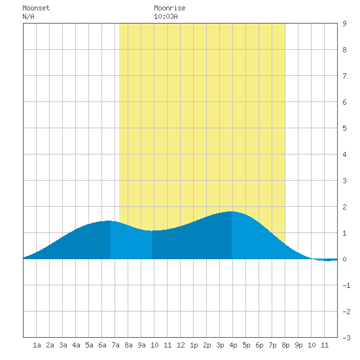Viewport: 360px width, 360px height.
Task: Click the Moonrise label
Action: pyautogui.click(x=170, y=8)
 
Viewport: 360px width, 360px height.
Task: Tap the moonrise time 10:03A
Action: pyautogui.click(x=166, y=16)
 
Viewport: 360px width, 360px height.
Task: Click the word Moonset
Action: pyautogui.click(x=36, y=8)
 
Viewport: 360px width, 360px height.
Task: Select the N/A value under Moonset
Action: pyautogui.click(x=28, y=16)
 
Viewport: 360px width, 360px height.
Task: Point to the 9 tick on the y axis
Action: pyautogui.click(x=344, y=24)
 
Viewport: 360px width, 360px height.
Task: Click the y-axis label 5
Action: pyautogui.click(x=344, y=128)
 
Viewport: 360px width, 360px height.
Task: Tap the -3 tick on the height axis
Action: pyautogui.click(x=346, y=338)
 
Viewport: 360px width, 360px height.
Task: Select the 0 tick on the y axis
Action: pyautogui.click(x=344, y=259)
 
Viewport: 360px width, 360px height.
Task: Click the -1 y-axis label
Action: pyautogui.click(x=346, y=285)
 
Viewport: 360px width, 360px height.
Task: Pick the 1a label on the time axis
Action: pyautogui.click(x=37, y=345)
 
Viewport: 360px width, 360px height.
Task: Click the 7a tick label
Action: pyautogui.click(x=115, y=345)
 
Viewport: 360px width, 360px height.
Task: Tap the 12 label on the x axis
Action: pyautogui.click(x=181, y=345)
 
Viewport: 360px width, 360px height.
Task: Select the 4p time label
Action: pyautogui.click(x=233, y=345)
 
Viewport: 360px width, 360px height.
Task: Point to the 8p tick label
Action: pyautogui.click(x=285, y=345)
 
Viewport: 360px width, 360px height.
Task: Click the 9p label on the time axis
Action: pyautogui.click(x=298, y=345)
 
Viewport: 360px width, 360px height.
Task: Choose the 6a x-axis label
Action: pyautogui.click(x=102, y=345)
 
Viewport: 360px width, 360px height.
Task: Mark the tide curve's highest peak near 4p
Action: pyautogui.click(x=232, y=211)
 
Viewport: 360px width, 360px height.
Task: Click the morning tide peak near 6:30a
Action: pyautogui.click(x=109, y=221)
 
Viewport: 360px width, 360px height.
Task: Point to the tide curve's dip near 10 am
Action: pyautogui.click(x=152, y=231)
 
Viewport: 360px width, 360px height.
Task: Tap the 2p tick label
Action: pyautogui.click(x=207, y=345)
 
